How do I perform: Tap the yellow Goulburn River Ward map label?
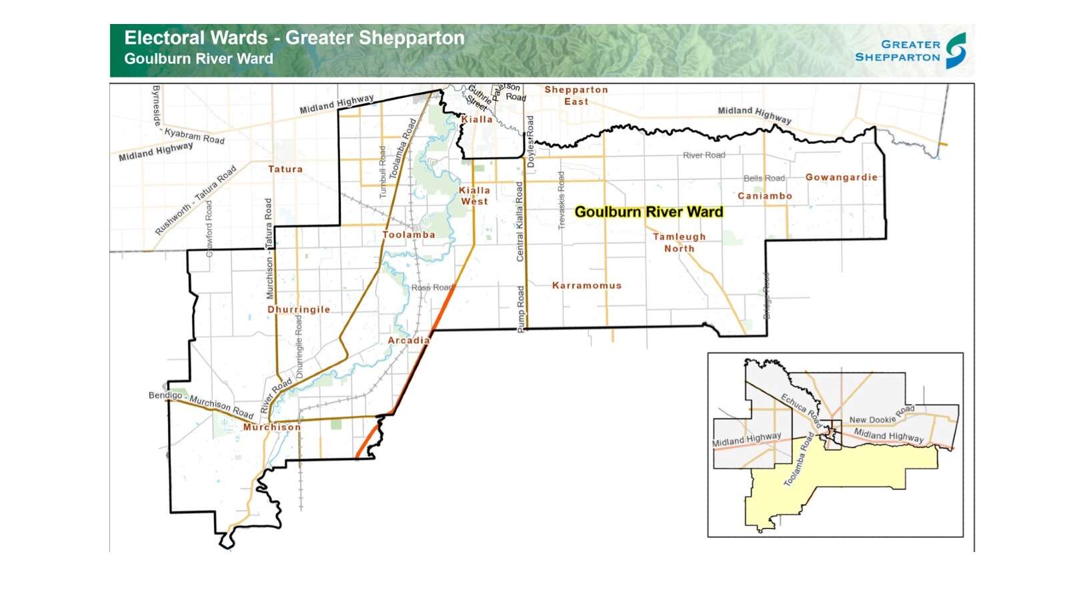click(x=648, y=212)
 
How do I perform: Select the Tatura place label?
click(x=285, y=169)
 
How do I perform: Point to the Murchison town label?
click(x=272, y=427)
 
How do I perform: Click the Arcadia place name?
click(x=409, y=340)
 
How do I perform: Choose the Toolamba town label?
click(x=409, y=235)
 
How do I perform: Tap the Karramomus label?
click(x=587, y=285)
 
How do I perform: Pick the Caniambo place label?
click(x=765, y=196)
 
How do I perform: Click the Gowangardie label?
click(x=842, y=177)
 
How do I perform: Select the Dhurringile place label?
click(x=299, y=309)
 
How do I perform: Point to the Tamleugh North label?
click(x=679, y=243)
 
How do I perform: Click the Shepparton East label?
click(x=576, y=95)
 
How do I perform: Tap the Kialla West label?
click(x=474, y=195)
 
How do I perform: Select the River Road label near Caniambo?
click(x=704, y=155)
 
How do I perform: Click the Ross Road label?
click(x=431, y=287)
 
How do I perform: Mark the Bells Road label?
click(x=764, y=178)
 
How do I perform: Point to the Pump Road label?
click(x=521, y=309)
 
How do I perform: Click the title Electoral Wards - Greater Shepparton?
click(x=294, y=38)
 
